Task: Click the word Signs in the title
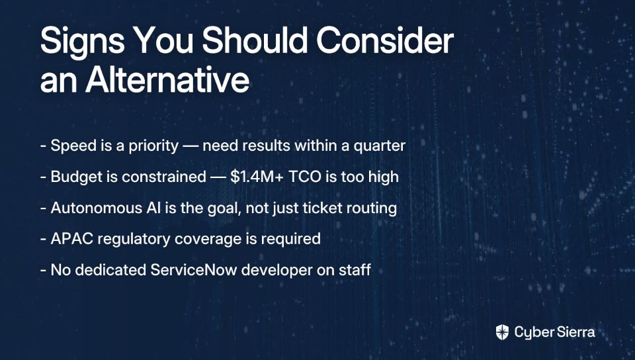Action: coord(83,41)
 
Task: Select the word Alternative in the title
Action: coord(167,79)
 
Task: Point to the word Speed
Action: coord(73,146)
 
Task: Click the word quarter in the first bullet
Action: coord(380,146)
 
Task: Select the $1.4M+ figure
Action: coord(257,177)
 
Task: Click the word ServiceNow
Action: coord(194,270)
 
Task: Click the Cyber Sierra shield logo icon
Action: coord(502,332)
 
